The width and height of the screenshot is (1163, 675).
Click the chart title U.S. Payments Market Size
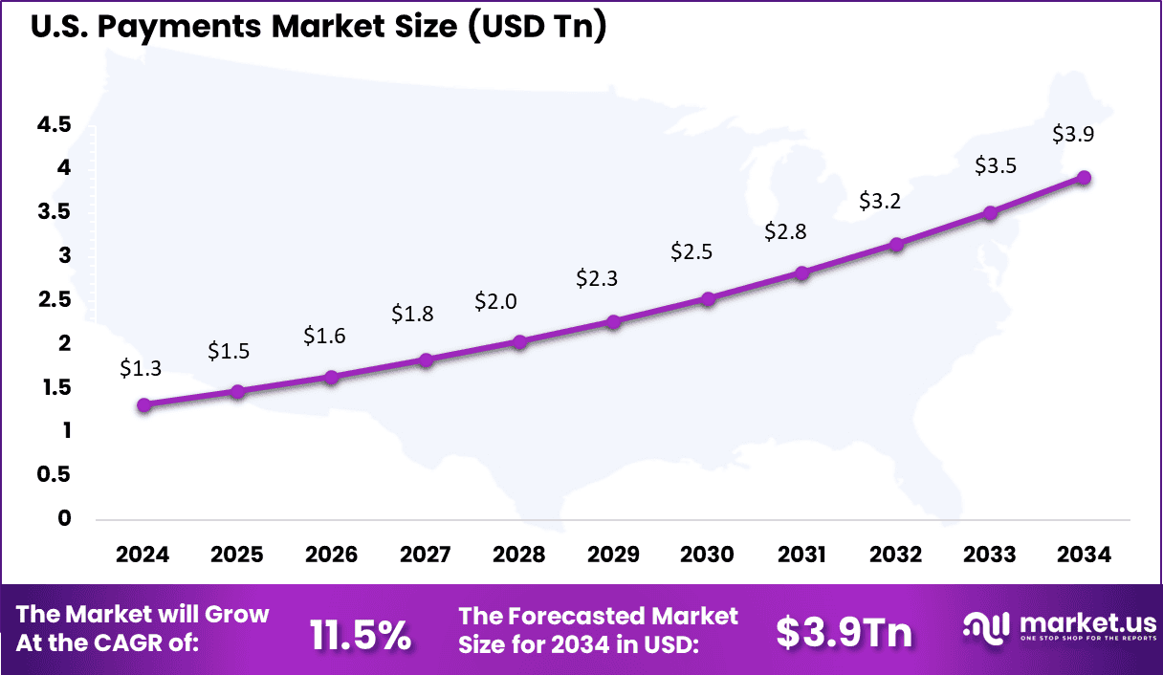coord(318,28)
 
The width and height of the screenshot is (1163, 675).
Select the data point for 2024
coord(144,405)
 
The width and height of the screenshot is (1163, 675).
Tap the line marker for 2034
coord(1084,177)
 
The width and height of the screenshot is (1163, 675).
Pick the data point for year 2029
coord(614,322)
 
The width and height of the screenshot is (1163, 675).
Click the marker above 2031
coord(802,273)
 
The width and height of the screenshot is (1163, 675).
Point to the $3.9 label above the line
coord(1073,134)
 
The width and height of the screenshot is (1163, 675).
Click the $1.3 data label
coord(141,368)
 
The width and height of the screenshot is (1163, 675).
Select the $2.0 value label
coord(495,302)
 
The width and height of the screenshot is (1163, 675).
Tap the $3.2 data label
coord(879,202)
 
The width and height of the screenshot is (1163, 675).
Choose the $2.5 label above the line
coord(691,251)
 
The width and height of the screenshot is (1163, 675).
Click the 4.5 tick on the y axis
coord(55,124)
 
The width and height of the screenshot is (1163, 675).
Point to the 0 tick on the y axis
coord(65,518)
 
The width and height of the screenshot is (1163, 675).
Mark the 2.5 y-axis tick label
coord(55,299)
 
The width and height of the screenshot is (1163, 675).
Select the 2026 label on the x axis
coord(331,555)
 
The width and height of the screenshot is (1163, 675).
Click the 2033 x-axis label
coord(990,555)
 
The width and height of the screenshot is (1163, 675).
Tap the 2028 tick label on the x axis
coord(519,555)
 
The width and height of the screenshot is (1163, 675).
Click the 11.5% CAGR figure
coord(361,633)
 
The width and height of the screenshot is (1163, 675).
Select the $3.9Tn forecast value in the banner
coord(844,632)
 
